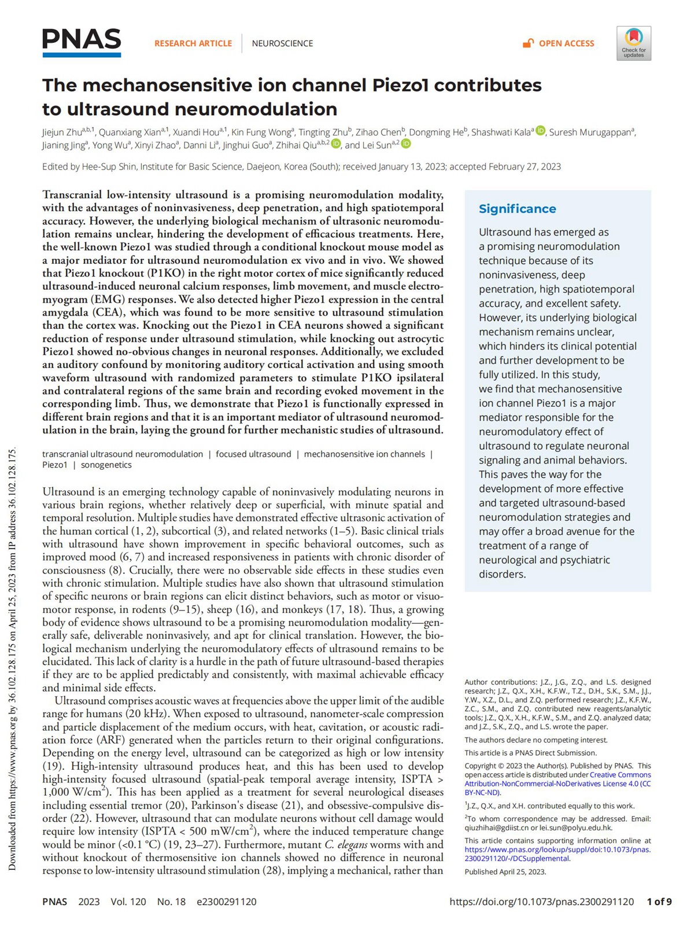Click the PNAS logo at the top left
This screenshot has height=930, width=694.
pos(82,42)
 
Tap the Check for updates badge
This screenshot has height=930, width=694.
pos(633,43)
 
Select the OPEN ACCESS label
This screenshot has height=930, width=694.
pos(566,43)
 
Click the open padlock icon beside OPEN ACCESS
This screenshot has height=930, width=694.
pos(528,43)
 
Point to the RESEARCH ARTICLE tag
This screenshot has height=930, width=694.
pos(193,43)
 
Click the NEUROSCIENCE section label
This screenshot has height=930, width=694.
pos(282,43)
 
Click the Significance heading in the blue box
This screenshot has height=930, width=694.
pos(517,209)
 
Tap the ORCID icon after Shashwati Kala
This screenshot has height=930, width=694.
pos(540,131)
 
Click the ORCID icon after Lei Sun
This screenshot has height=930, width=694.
pos(406,144)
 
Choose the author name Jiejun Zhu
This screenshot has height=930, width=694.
pos(62,132)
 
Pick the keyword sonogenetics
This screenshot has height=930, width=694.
pos(106,465)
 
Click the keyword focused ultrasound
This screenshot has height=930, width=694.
pos(253,454)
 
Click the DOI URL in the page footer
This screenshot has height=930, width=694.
pos(541,902)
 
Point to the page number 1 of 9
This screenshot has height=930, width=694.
pos(659,902)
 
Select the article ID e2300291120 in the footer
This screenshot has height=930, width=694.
pos(226,902)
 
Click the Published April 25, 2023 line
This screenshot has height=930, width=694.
pos(505,872)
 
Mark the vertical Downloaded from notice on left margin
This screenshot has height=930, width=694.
pos(12,660)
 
